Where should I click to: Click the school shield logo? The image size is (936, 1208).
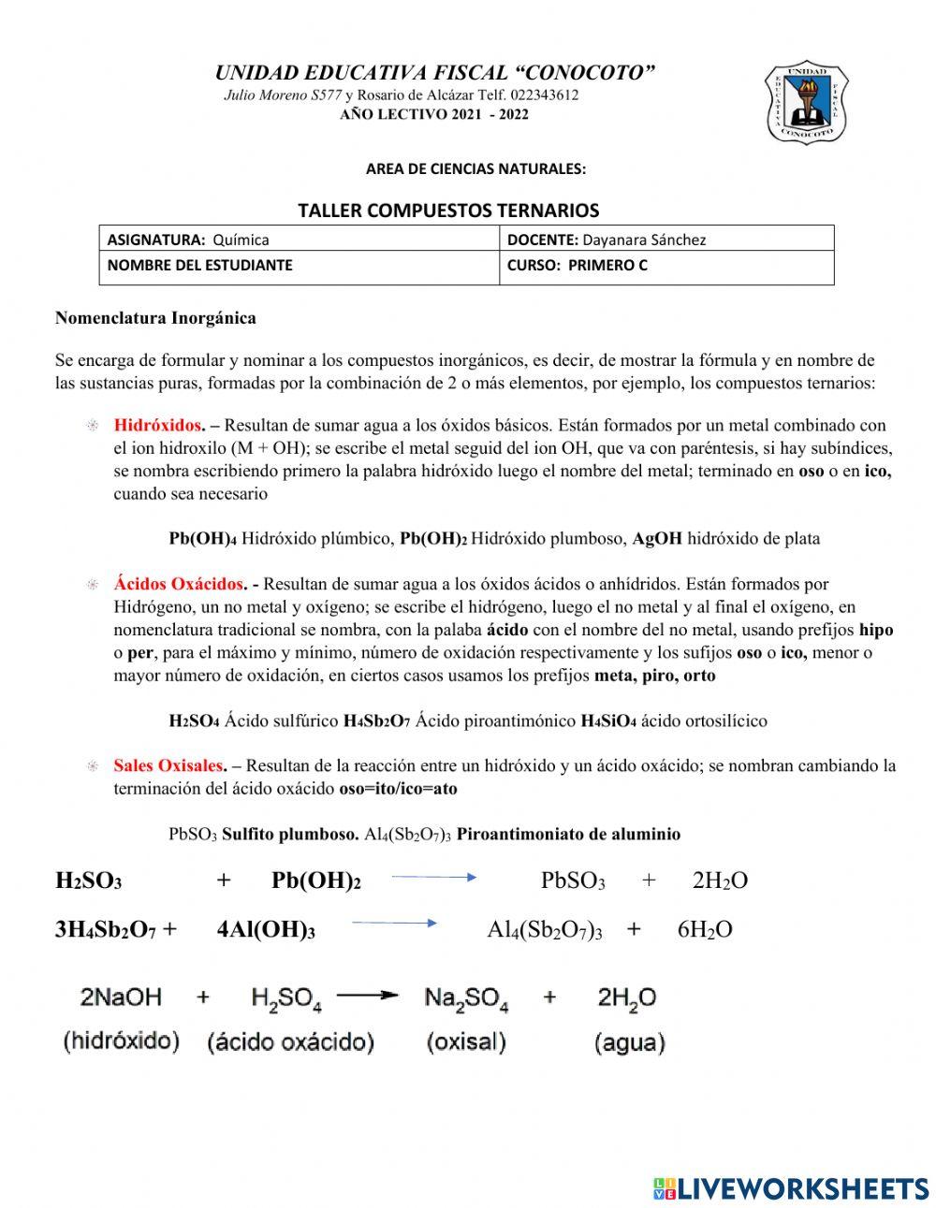pyautogui.click(x=806, y=103)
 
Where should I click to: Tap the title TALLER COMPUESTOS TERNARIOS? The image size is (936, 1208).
pyautogui.click(x=448, y=211)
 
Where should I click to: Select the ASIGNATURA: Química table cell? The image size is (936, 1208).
pyautogui.click(x=299, y=240)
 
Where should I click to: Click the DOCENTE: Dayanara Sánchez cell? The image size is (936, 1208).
pyautogui.click(x=665, y=240)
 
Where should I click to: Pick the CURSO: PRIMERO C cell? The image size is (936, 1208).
pyautogui.click(x=665, y=266)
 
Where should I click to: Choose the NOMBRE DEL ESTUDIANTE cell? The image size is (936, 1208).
pyautogui.click(x=299, y=266)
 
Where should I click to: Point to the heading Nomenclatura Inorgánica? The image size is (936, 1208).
pyautogui.click(x=155, y=318)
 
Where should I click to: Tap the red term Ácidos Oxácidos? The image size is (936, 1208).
pyautogui.click(x=179, y=585)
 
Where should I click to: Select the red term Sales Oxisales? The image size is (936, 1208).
pyautogui.click(x=168, y=765)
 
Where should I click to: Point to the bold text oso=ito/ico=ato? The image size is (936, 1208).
pyautogui.click(x=398, y=789)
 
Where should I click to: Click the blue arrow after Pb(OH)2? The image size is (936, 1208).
pyautogui.click(x=434, y=878)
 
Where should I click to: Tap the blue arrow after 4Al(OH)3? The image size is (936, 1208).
pyautogui.click(x=394, y=924)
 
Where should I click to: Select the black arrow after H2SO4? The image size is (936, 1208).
pyautogui.click(x=367, y=997)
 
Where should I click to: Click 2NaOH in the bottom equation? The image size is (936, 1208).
pyautogui.click(x=121, y=997)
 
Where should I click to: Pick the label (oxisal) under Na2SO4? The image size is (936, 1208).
pyautogui.click(x=466, y=1041)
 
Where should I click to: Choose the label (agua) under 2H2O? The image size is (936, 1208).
pyautogui.click(x=629, y=1042)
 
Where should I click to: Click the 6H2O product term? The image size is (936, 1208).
pyautogui.click(x=705, y=929)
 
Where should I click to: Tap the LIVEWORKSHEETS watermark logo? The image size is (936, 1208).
pyautogui.click(x=791, y=1188)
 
